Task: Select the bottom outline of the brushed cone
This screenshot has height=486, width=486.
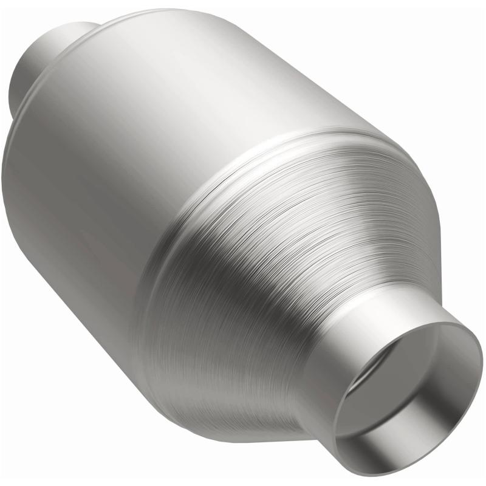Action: point(243,429)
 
